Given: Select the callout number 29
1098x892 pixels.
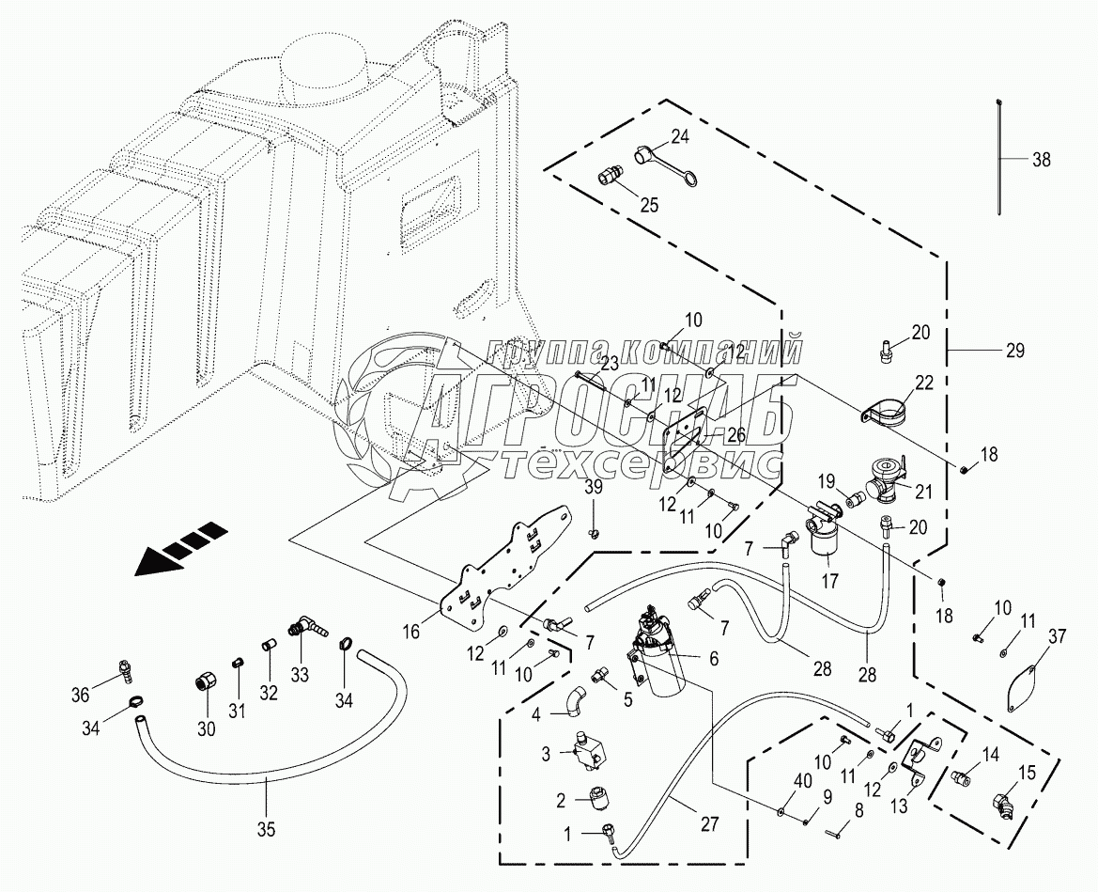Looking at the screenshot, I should point(1014,351).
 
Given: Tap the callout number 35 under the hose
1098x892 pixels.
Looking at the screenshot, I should point(267,830).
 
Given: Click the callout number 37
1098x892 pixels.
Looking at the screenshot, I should point(1059,638).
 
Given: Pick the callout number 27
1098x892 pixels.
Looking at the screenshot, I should point(709,823).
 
